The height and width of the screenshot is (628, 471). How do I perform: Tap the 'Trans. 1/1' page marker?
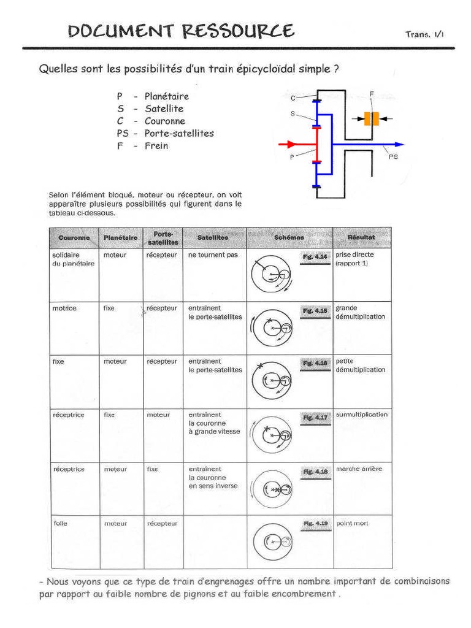[x=424, y=34]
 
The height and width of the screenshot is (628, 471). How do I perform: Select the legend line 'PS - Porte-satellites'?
[x=165, y=133]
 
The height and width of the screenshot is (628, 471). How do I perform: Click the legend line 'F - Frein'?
[x=142, y=146]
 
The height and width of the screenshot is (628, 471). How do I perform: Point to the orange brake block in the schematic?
[x=371, y=118]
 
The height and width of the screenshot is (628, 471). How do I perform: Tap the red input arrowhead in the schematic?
[x=292, y=145]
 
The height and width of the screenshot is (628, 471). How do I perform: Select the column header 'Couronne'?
[x=74, y=237]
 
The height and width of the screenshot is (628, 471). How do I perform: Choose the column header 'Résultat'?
[x=361, y=237]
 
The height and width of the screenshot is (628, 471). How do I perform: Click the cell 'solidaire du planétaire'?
[x=73, y=259]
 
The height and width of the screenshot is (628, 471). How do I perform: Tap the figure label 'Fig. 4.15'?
[x=315, y=311]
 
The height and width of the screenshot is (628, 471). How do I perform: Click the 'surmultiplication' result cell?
[x=362, y=415]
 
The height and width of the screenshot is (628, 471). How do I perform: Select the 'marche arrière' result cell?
[x=359, y=469]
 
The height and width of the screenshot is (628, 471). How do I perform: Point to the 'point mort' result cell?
[x=352, y=523]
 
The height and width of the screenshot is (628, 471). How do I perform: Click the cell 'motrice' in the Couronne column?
[x=64, y=308]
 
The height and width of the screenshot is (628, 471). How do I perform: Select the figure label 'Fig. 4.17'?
[x=315, y=418]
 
